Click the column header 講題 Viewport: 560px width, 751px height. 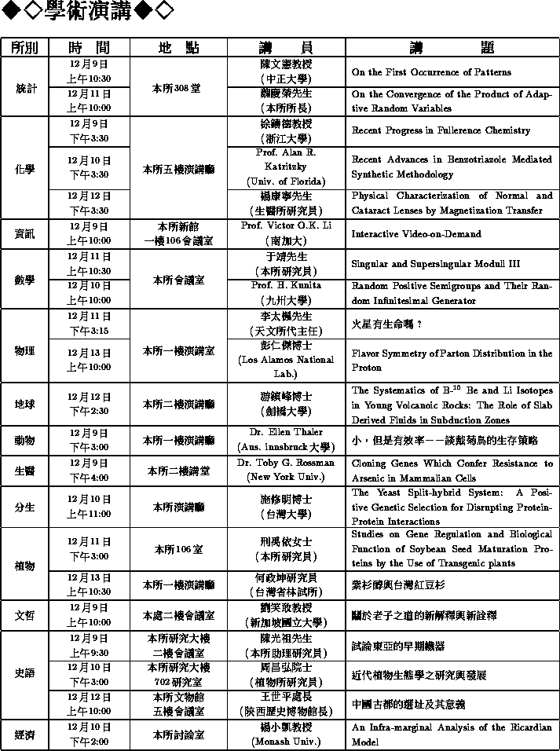[452, 47]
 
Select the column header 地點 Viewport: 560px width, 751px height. [178, 47]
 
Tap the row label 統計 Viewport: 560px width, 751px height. [25, 87]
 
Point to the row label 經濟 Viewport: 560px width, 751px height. [25, 735]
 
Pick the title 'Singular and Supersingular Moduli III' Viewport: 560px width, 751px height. [435, 264]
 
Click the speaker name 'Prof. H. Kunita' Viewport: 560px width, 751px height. [285, 285]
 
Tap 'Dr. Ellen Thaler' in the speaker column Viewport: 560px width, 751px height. [285, 433]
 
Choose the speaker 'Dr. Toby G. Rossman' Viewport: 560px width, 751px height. [285, 463]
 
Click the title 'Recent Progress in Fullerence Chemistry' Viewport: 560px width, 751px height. [440, 130]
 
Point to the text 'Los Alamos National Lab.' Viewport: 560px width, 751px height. [285, 366]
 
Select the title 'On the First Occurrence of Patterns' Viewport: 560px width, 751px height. [431, 72]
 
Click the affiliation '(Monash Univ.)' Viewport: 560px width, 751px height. [285, 742]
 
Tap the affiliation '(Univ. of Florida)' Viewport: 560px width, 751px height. [285, 181]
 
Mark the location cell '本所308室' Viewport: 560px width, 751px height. [178, 87]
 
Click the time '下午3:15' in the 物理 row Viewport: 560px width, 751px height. [89, 331]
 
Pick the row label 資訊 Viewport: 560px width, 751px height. [25, 234]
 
